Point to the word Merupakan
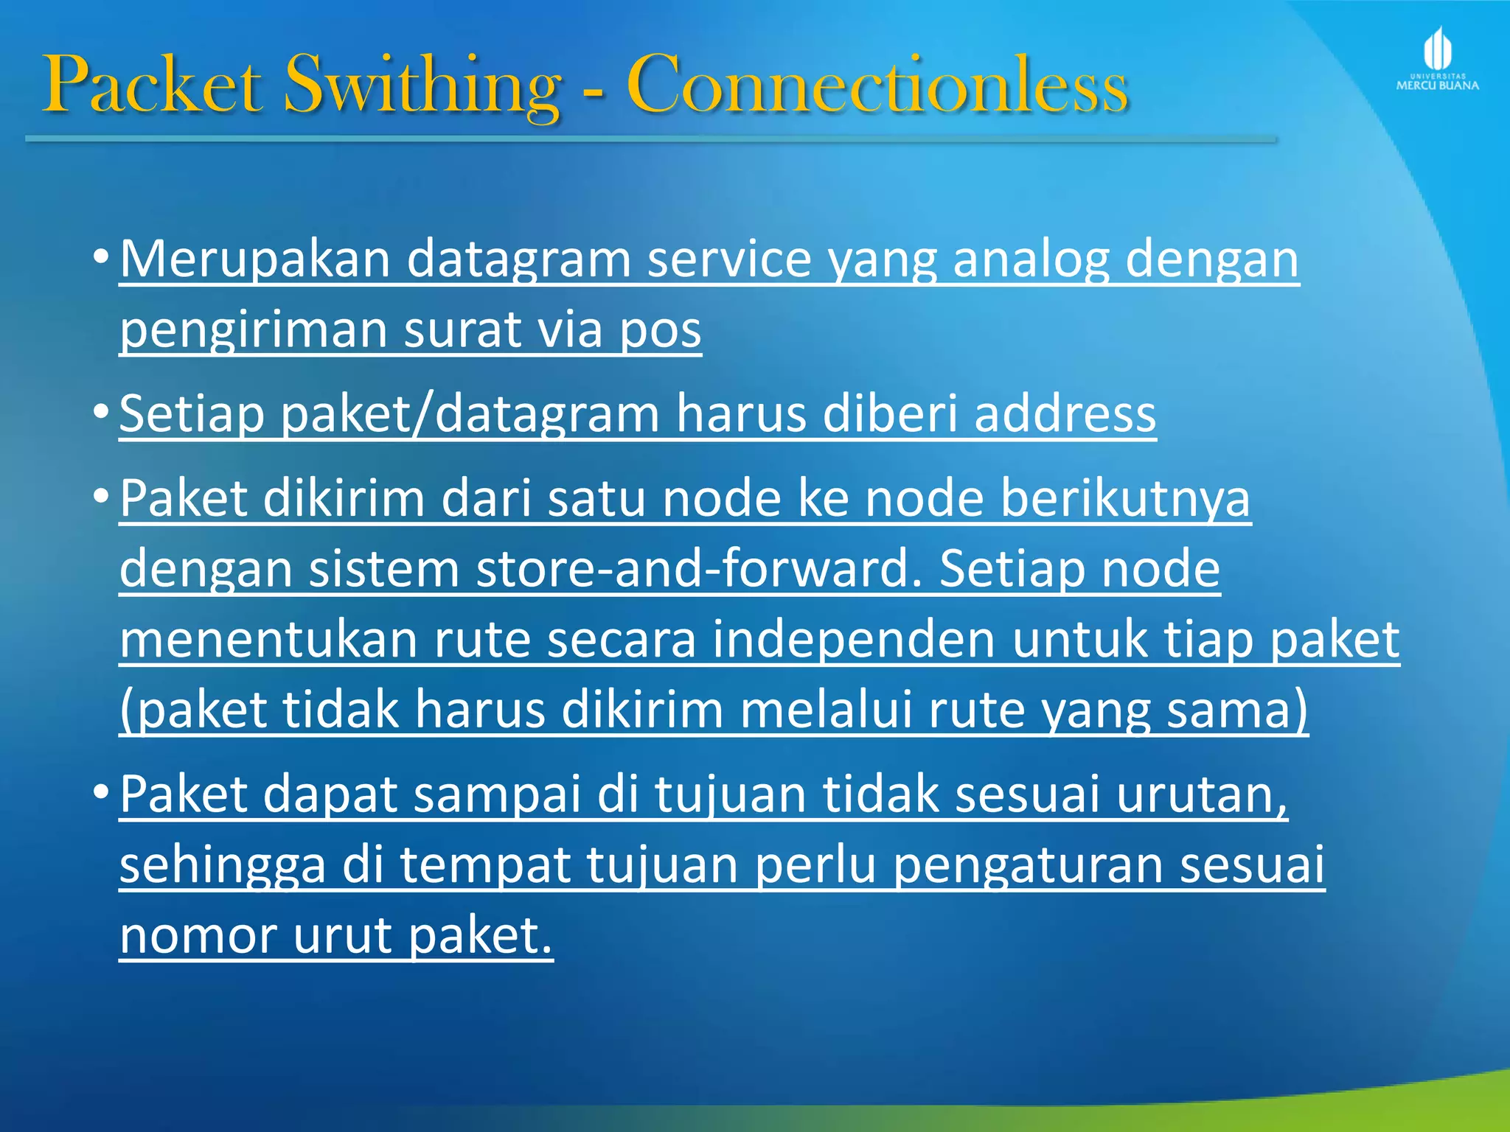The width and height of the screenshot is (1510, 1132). click(x=254, y=259)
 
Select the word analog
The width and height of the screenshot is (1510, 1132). click(x=1031, y=259)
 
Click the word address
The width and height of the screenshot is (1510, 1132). click(x=1065, y=413)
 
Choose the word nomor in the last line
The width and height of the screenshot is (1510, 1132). click(x=198, y=935)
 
